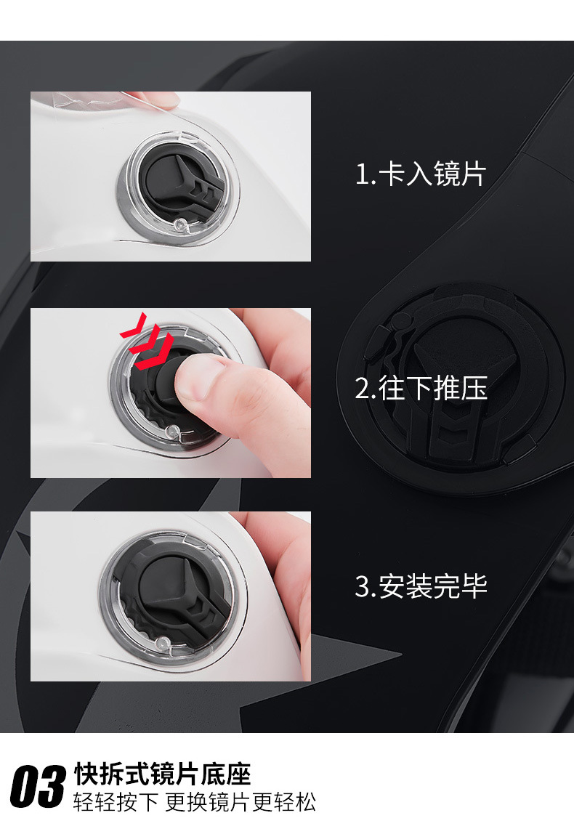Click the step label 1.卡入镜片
[x=420, y=174]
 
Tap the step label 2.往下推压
[x=421, y=387]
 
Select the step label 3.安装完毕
[x=421, y=586]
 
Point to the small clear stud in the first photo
[x=180, y=225]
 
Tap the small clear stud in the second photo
[x=171, y=431]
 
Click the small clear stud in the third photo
[x=158, y=645]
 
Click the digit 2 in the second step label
[x=363, y=388]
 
